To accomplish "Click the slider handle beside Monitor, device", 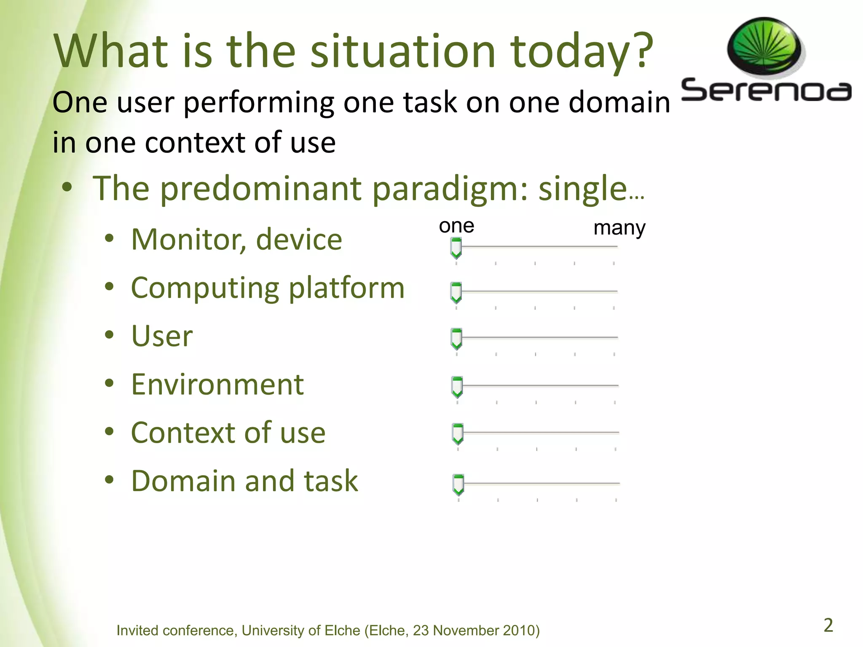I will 456,248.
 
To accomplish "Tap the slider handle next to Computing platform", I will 456,293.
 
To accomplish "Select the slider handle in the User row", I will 456,339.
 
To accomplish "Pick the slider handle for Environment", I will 457,387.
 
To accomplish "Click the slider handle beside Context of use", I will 457,434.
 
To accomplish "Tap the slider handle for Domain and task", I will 458,484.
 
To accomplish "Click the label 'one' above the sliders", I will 456,226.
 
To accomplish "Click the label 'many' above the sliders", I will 619,228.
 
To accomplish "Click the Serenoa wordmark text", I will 766,91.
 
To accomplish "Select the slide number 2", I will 828,625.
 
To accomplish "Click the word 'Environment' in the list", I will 217,385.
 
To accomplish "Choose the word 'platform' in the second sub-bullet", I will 346,289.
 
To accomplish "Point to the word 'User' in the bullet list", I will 162,337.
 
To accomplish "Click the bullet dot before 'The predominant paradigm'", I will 67,188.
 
